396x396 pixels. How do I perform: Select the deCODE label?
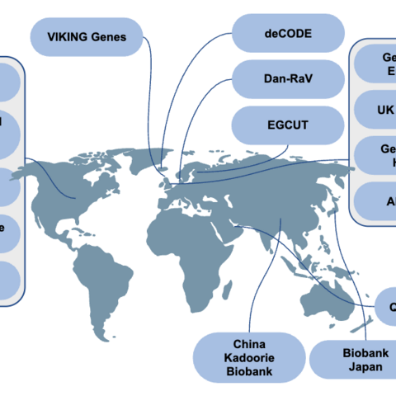pos(288,34)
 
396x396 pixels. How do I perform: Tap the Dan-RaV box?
pos(288,79)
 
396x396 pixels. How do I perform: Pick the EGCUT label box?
pos(288,125)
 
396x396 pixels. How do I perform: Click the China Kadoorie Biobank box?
pos(249,357)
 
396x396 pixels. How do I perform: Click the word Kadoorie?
pos(249,357)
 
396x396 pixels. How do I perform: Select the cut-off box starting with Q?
pos(384,307)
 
